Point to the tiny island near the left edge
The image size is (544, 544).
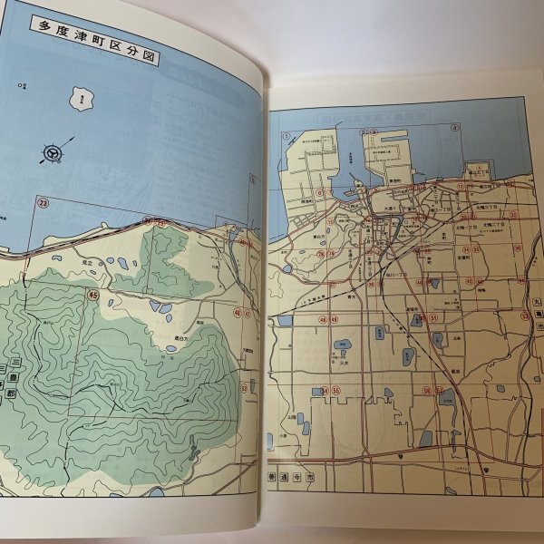tap(19, 87)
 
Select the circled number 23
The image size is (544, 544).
tap(43, 203)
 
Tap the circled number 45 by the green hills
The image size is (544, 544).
tap(92, 294)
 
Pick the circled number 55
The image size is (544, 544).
tap(336, 391)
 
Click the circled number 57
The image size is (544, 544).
tap(440, 390)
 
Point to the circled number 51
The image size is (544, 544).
tap(434, 317)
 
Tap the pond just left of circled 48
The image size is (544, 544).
tap(286, 320)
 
